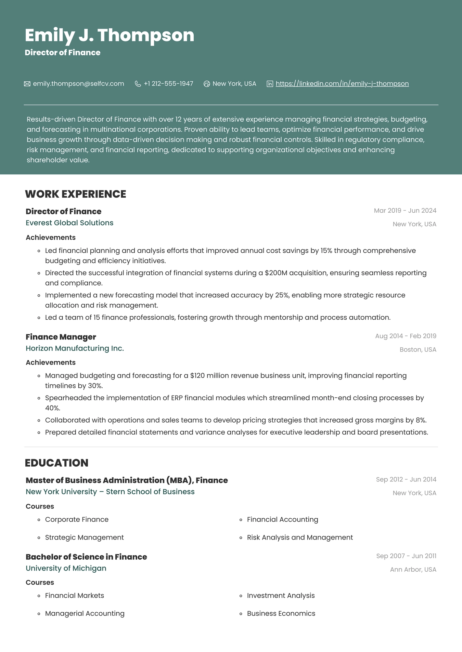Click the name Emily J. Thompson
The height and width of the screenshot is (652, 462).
[x=110, y=35]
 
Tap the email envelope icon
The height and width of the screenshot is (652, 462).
[x=27, y=84]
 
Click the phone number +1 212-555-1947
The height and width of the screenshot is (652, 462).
[x=168, y=84]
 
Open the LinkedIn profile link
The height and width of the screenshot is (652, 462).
[x=342, y=84]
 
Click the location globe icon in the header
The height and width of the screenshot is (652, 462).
[x=207, y=84]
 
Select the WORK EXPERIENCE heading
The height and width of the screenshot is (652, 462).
[x=76, y=194]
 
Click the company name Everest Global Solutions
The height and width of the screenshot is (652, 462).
[x=69, y=223]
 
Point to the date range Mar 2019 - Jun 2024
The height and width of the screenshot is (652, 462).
[x=405, y=211]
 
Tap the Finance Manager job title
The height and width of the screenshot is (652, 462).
[x=61, y=337]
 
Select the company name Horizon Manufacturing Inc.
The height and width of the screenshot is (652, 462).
[x=75, y=348]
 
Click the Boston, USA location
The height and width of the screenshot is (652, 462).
[x=418, y=350]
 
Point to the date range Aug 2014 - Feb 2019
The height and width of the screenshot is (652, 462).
[x=406, y=336]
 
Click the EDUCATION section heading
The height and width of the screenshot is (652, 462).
[x=57, y=463]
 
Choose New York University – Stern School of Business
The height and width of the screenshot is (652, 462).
[x=110, y=492]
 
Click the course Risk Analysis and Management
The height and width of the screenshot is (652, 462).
[x=300, y=537]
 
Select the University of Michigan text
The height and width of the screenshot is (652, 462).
[x=66, y=568]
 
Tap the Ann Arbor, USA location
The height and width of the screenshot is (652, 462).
[x=413, y=570]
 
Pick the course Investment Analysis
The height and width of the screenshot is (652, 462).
[x=281, y=596]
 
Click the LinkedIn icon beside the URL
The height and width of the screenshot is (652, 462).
[x=270, y=84]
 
